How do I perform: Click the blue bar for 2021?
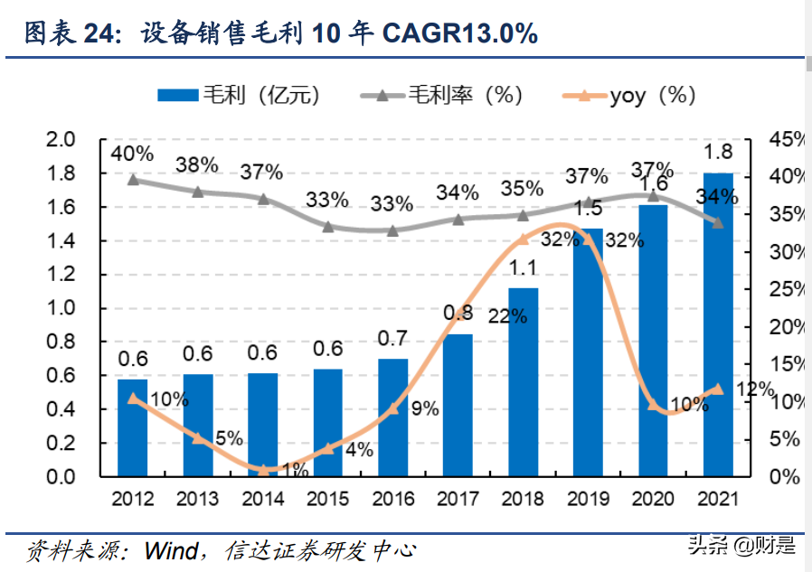pyautogui.click(x=718, y=325)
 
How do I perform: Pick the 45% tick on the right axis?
pyautogui.click(x=786, y=139)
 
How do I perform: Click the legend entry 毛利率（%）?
pyautogui.click(x=440, y=95)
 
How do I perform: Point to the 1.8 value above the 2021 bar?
pyautogui.click(x=718, y=150)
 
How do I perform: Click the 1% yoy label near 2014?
pyautogui.click(x=291, y=469)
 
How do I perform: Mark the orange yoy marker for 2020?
pyautogui.click(x=653, y=404)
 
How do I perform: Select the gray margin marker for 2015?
pyautogui.click(x=327, y=227)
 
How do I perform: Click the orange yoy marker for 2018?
pyautogui.click(x=523, y=239)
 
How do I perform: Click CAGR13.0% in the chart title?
pyautogui.click(x=460, y=34)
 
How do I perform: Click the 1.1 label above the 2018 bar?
pyautogui.click(x=523, y=267)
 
